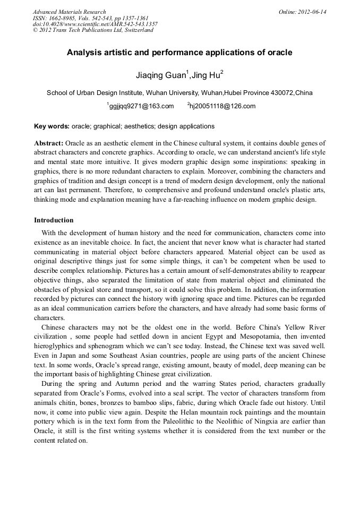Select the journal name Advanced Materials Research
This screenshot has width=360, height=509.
[69, 12]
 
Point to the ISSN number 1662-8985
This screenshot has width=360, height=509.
[59, 18]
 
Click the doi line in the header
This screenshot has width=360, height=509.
[95, 24]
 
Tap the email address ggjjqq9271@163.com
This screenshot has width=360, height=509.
[141, 106]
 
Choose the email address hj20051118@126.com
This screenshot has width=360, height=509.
[223, 106]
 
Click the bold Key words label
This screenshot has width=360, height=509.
[51, 126]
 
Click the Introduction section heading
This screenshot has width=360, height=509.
[54, 220]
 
